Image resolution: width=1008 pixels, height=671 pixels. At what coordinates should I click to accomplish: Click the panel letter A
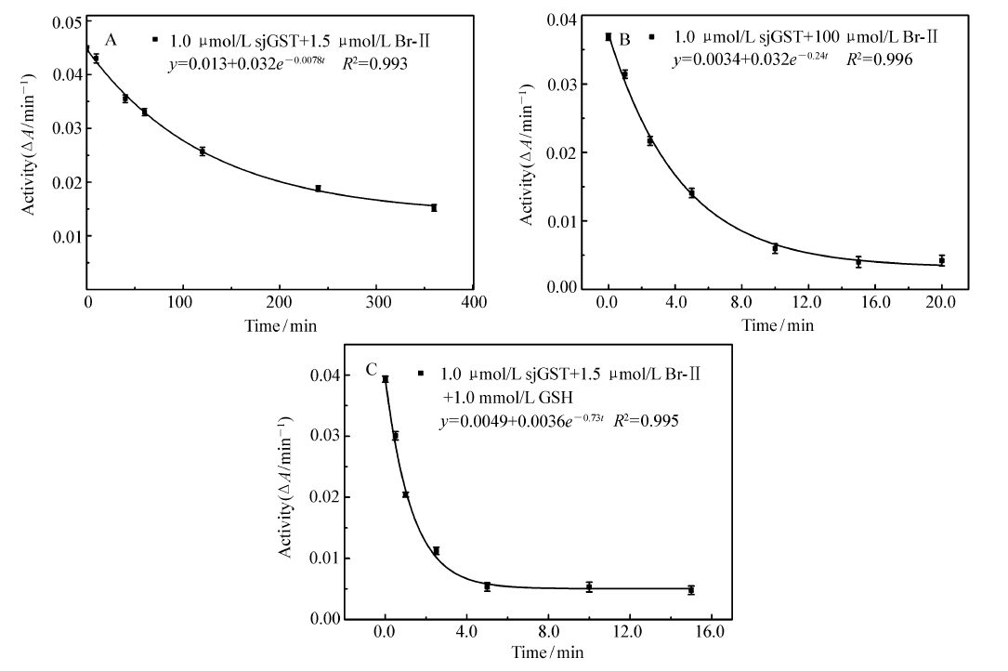tap(111, 39)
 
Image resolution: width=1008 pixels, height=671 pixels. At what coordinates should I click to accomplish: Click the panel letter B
tap(624, 39)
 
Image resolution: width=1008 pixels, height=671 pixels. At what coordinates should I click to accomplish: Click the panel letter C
tap(372, 371)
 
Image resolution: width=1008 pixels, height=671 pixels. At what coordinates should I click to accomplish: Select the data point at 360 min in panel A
tap(434, 208)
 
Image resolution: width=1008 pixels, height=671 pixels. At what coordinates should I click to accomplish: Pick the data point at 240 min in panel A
tap(318, 189)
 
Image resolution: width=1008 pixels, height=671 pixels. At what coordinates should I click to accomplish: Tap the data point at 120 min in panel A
tap(202, 151)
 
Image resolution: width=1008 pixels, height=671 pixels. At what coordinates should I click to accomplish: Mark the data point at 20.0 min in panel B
tap(941, 261)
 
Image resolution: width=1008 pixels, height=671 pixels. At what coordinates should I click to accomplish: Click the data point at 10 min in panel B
tap(775, 248)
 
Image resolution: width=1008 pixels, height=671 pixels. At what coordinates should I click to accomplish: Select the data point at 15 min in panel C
tap(691, 589)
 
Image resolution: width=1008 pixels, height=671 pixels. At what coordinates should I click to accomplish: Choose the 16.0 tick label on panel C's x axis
tap(709, 634)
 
